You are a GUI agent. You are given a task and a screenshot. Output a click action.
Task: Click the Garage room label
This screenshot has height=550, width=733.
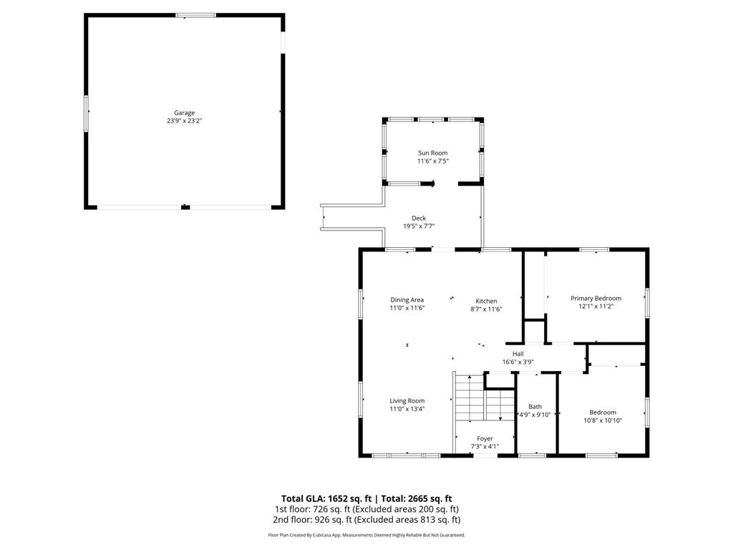(x=184, y=112)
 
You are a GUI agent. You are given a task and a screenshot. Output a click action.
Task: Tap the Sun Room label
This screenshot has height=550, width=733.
(x=432, y=153)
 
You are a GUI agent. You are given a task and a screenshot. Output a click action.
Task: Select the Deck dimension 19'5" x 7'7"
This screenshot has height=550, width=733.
(x=419, y=226)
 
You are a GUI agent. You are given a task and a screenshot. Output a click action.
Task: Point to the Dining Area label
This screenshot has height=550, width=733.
(x=407, y=299)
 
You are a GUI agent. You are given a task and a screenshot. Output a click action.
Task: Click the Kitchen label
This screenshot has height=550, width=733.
(x=486, y=301)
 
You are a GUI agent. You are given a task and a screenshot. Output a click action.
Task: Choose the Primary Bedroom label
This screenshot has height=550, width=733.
(x=596, y=298)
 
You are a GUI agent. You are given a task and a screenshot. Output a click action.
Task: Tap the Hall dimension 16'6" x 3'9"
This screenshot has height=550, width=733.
(x=518, y=362)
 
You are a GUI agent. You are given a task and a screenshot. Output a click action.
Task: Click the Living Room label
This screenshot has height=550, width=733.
(x=407, y=401)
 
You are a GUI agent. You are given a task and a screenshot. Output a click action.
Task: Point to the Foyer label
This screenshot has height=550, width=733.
(x=485, y=438)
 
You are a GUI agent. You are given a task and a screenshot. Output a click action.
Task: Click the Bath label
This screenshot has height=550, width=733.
(x=535, y=406)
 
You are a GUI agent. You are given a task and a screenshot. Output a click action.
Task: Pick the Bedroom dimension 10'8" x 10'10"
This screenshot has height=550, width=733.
(x=602, y=421)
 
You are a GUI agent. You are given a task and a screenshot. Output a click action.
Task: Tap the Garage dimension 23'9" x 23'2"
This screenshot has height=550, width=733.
(x=184, y=121)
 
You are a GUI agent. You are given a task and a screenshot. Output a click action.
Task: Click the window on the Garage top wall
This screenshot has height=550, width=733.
(x=195, y=15)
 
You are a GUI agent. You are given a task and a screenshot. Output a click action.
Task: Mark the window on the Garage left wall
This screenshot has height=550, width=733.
(x=87, y=113)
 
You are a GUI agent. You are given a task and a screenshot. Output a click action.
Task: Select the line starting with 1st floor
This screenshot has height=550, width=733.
(x=366, y=509)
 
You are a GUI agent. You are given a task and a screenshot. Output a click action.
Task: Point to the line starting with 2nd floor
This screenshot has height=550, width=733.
(x=366, y=520)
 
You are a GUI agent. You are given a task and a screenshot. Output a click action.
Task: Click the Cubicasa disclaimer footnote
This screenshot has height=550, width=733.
(x=366, y=535)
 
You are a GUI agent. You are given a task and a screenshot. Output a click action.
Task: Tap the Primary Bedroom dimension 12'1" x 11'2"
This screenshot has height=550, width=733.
(x=596, y=307)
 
